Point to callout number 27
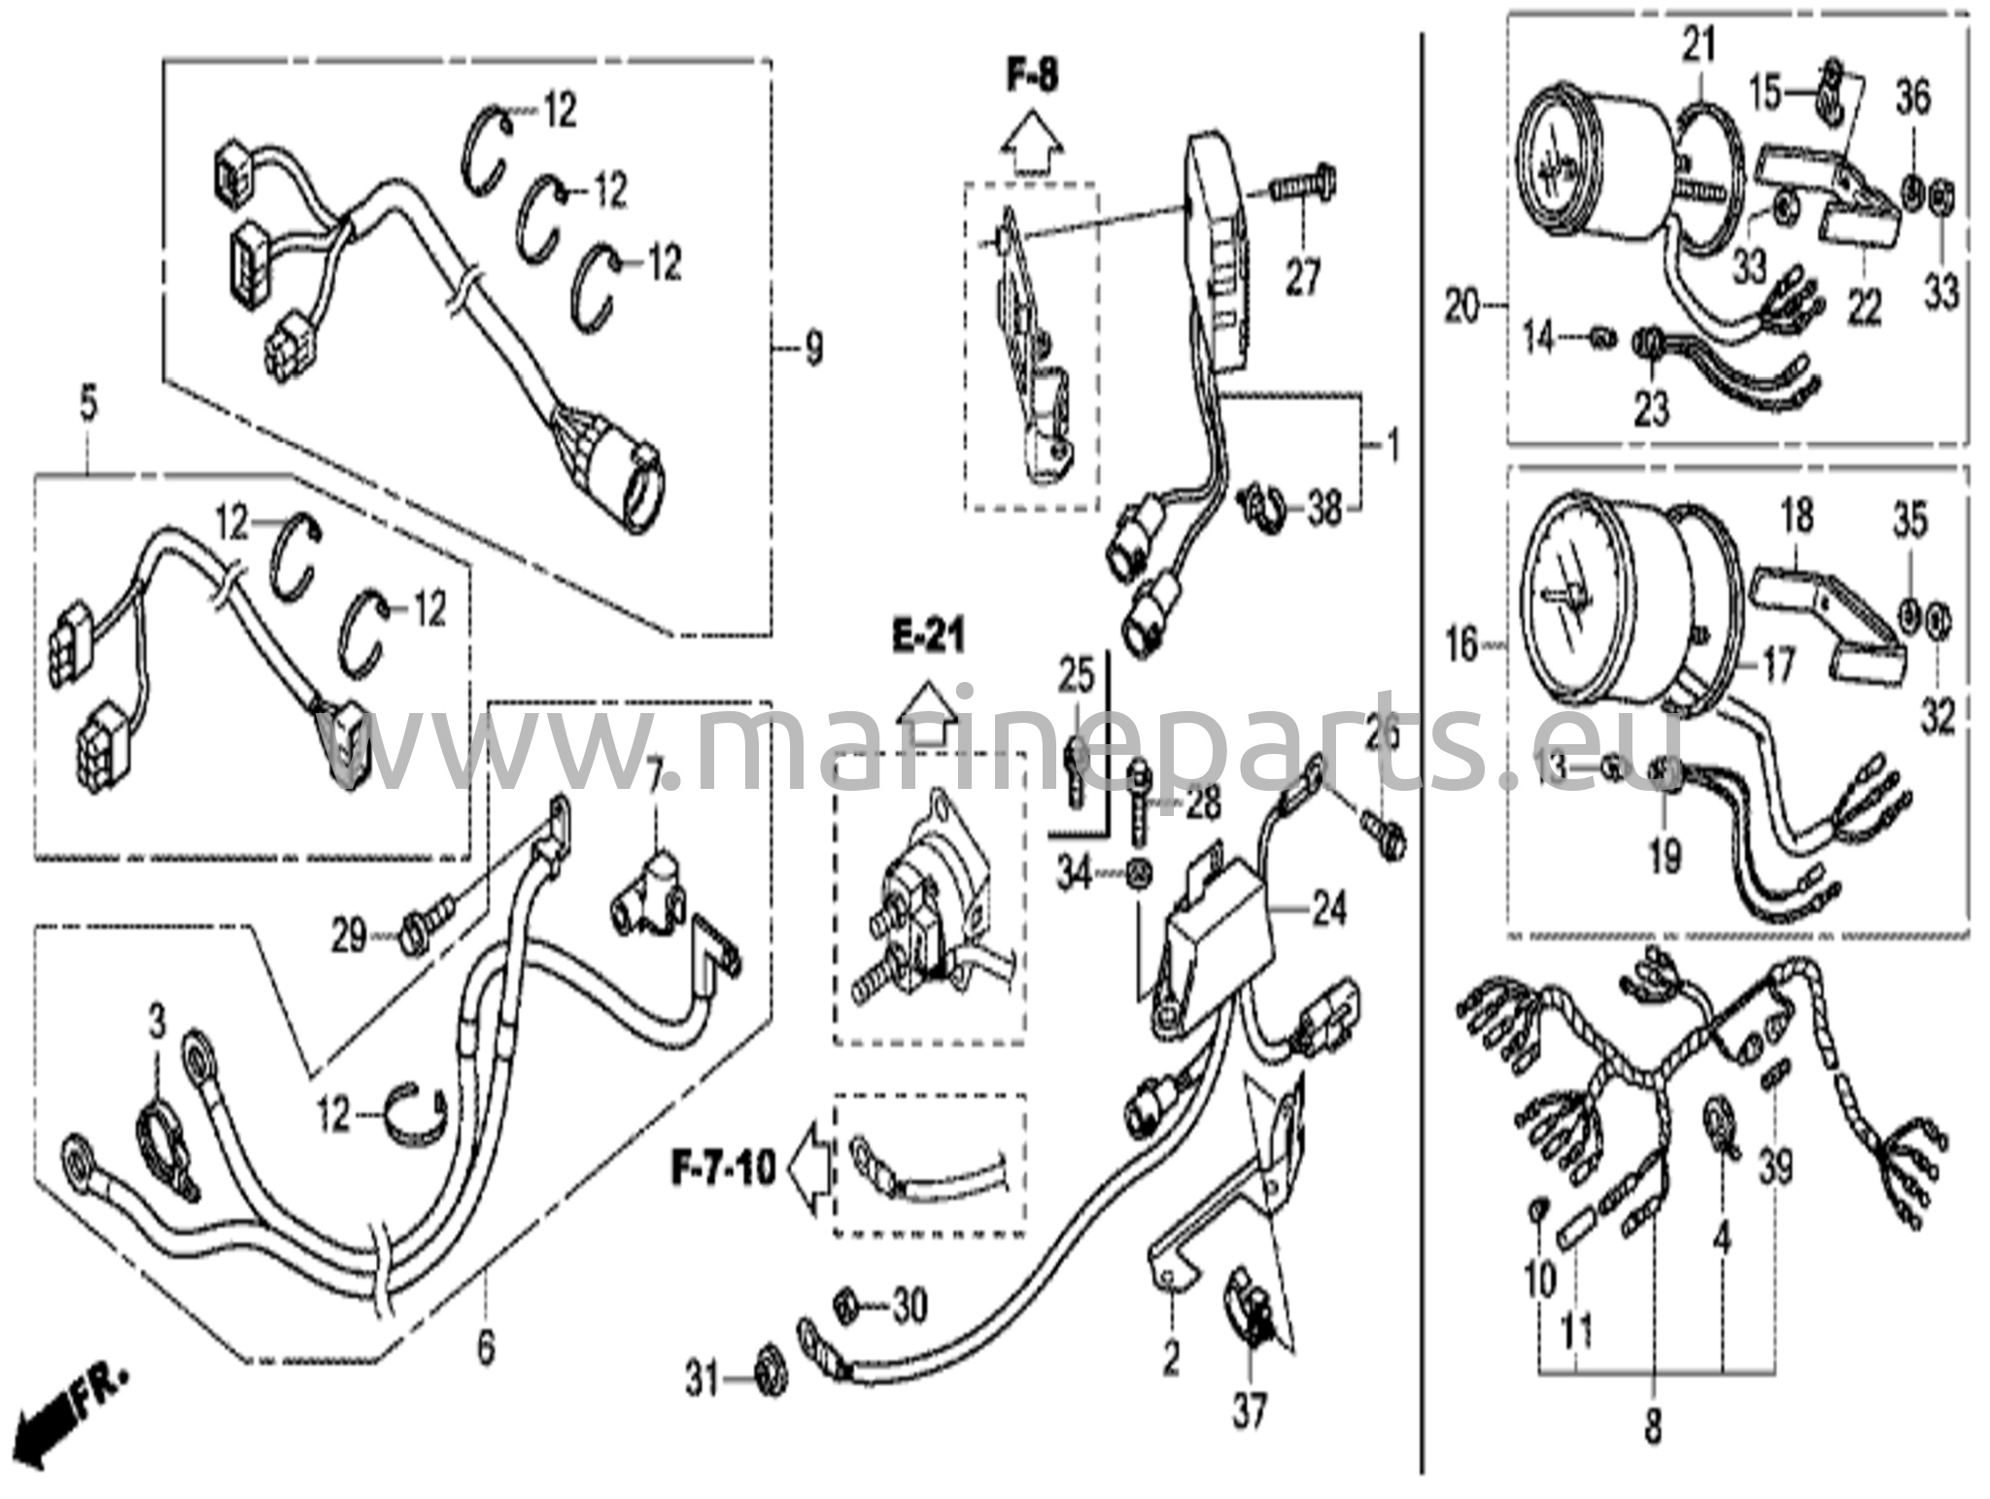coord(1303,277)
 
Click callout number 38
coord(1323,507)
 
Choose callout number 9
coord(812,347)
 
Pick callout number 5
coord(88,405)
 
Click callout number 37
coord(1250,1411)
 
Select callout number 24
coord(1328,910)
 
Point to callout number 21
coord(1698,45)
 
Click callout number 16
coord(1461,643)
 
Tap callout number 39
coord(1775,1167)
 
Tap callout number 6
coord(485,1346)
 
